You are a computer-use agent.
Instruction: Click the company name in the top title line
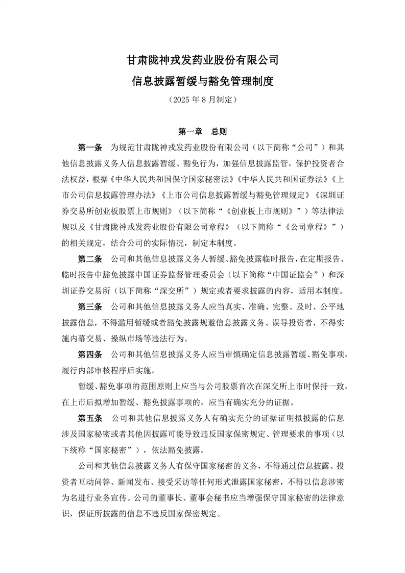tap(202, 60)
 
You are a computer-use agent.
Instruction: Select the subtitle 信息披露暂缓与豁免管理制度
tap(202, 81)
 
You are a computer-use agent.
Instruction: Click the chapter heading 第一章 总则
tap(202, 131)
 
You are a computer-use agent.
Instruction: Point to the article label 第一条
tap(90, 148)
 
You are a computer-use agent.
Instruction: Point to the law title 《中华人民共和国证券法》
tap(262, 180)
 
